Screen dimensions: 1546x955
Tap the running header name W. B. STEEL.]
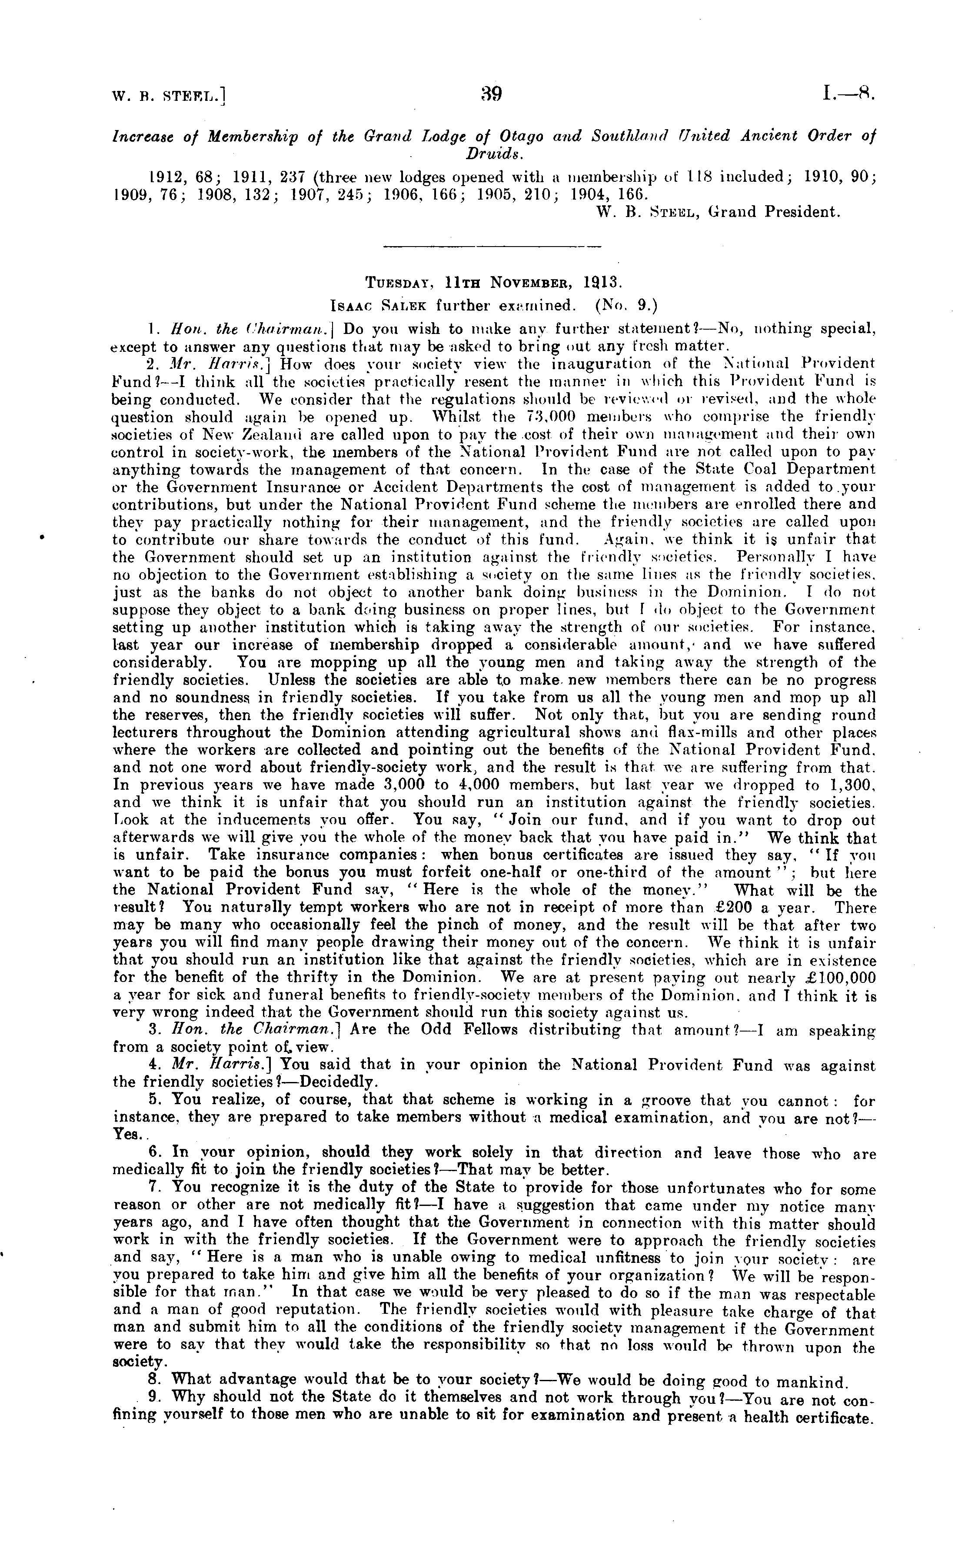pos(169,96)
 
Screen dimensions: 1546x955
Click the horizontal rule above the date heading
pos(492,245)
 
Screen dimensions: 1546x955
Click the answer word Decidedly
pos(349,1081)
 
